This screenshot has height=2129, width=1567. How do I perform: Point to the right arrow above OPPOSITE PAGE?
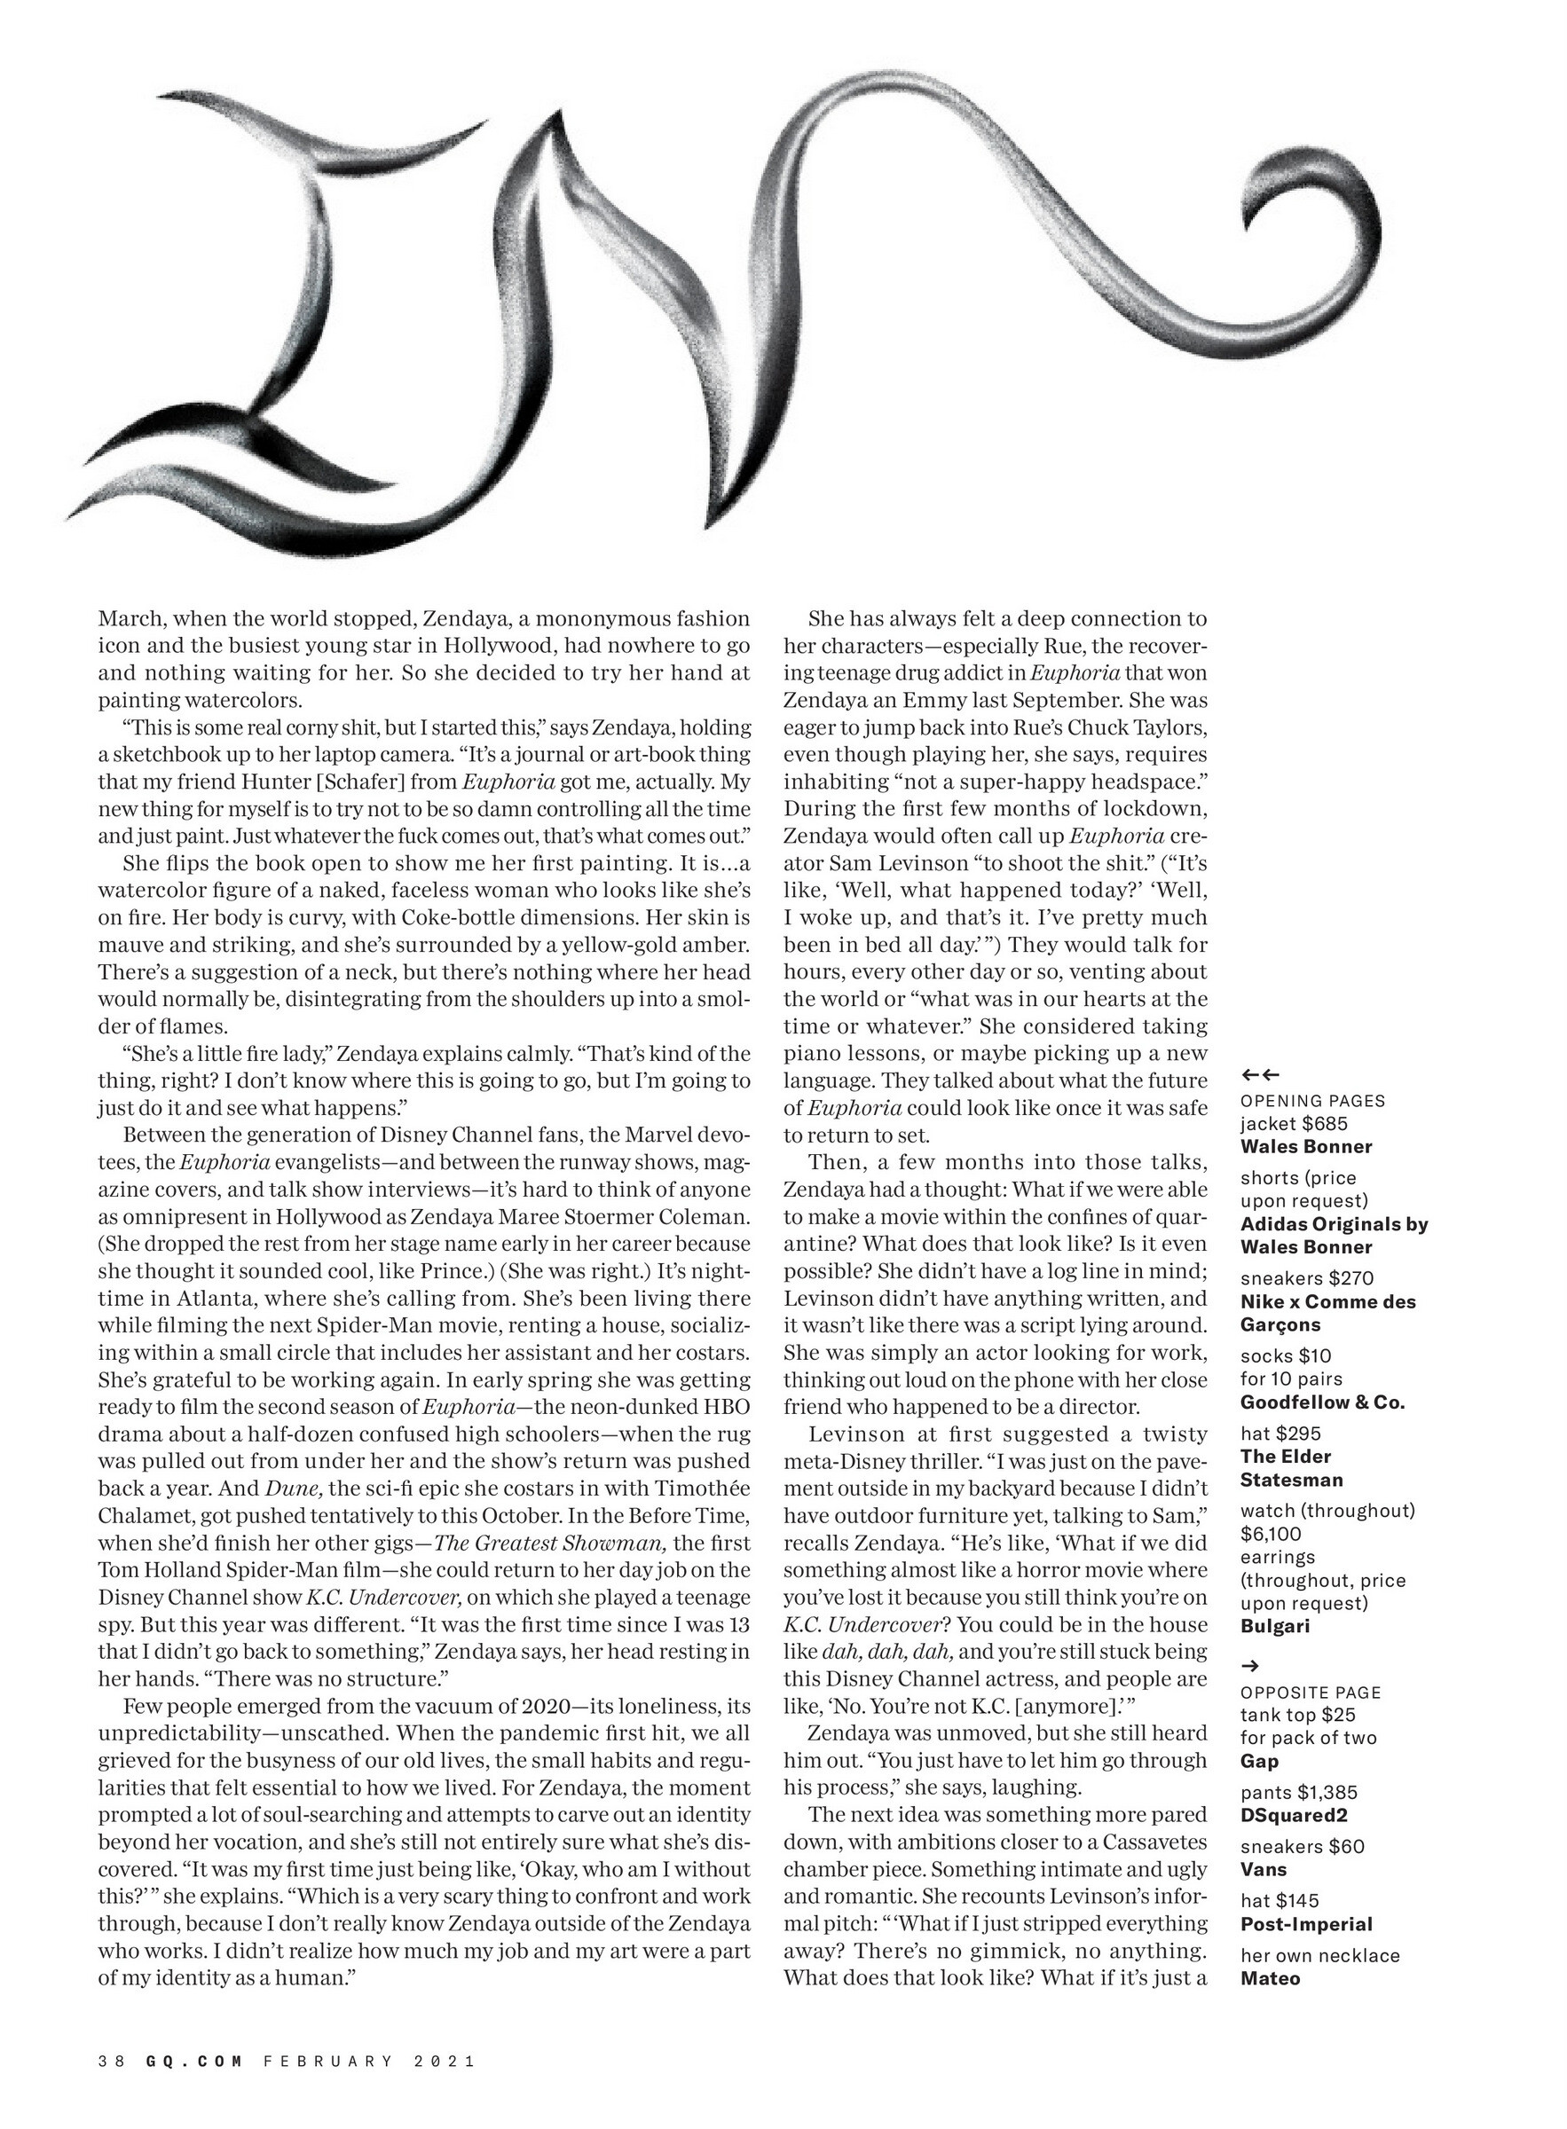pos(1250,1665)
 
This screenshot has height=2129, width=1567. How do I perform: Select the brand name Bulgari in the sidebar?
pos(1275,1626)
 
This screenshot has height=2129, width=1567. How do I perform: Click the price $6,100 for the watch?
pos(1271,1534)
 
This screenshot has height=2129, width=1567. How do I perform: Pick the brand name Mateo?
pos(1270,1978)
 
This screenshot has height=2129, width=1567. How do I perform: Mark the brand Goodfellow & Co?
pos(1322,1402)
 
